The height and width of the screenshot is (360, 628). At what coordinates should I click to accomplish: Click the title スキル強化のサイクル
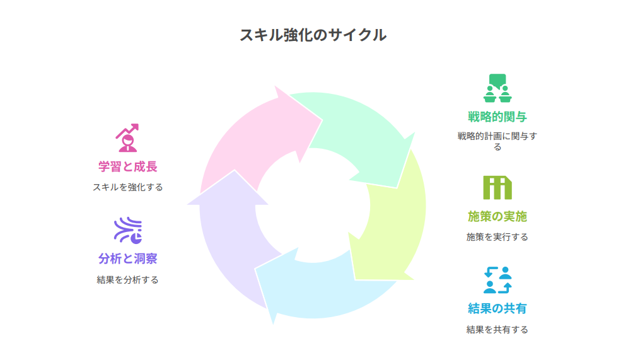(x=313, y=35)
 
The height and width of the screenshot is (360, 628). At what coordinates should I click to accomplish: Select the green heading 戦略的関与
(x=497, y=117)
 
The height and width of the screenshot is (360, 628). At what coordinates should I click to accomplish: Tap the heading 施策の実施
(x=497, y=217)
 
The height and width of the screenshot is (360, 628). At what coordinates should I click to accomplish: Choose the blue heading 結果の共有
(x=497, y=308)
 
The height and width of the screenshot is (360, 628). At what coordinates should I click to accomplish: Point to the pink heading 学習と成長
(x=127, y=167)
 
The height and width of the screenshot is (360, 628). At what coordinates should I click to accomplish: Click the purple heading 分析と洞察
(x=127, y=258)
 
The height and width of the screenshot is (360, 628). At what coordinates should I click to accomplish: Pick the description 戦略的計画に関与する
(x=497, y=141)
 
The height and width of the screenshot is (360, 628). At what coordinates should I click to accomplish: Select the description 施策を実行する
(x=497, y=237)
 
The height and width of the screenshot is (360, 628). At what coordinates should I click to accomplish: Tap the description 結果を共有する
(x=497, y=329)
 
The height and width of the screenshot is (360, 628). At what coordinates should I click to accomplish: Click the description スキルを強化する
(x=127, y=187)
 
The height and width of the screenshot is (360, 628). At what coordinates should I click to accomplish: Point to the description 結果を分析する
(x=127, y=280)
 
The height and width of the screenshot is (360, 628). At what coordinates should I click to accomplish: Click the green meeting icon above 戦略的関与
(x=497, y=88)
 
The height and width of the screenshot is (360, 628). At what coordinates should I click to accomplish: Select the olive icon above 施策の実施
(x=497, y=187)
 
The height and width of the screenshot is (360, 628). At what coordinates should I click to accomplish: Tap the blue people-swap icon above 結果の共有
(x=497, y=280)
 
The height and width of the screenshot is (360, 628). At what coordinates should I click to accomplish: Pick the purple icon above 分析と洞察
(x=127, y=230)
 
